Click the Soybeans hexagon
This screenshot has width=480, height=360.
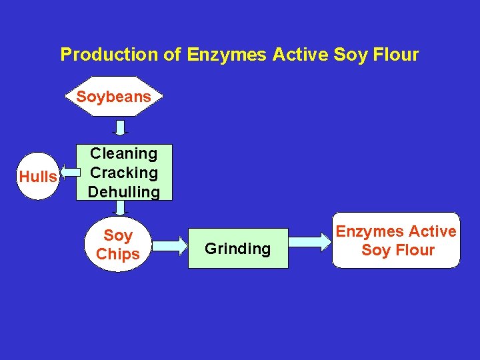pyautogui.click(x=113, y=97)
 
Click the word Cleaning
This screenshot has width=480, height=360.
pyautogui.click(x=123, y=153)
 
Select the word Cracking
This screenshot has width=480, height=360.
pyautogui.click(x=123, y=173)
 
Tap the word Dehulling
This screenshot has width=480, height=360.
pyautogui.click(x=123, y=192)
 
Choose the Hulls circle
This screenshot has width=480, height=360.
pyautogui.click(x=38, y=177)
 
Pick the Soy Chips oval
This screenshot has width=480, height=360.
pyautogui.click(x=118, y=245)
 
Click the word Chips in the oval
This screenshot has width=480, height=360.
pyautogui.click(x=118, y=254)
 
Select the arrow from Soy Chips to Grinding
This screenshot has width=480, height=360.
pyautogui.click(x=170, y=245)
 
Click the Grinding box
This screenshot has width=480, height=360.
pyautogui.click(x=238, y=249)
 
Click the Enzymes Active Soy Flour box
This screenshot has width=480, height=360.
pyautogui.click(x=396, y=241)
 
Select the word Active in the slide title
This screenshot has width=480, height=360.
pyautogui.click(x=299, y=55)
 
